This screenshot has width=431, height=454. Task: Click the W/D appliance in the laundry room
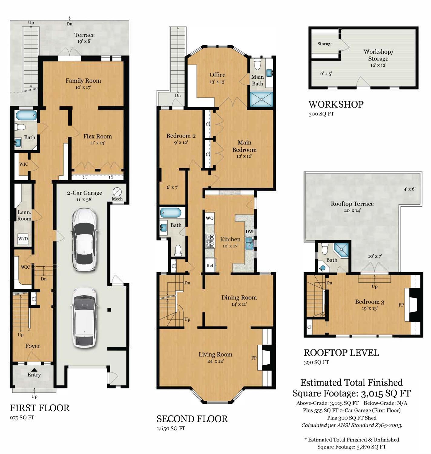point(23,239)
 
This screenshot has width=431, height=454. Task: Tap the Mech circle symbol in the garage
point(117,192)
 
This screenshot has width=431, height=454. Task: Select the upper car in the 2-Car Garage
point(84,239)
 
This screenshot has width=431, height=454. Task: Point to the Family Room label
point(83,81)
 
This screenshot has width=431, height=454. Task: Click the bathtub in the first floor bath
point(26,115)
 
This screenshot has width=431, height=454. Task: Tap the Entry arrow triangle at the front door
point(34,369)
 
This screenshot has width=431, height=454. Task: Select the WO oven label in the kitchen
point(209,218)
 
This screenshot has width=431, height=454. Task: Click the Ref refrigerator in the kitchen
point(210,265)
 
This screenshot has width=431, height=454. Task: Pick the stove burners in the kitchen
point(210,241)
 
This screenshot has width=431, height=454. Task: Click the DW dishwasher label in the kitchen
point(249,232)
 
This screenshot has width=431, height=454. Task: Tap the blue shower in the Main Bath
point(261,99)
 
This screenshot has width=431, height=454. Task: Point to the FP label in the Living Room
point(254,358)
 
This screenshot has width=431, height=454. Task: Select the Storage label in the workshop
point(325,44)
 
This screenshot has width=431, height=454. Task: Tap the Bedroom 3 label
point(370,302)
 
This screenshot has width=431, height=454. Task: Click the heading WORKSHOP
point(336,104)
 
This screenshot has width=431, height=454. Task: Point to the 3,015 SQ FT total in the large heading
point(386,393)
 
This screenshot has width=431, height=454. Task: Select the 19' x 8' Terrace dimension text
point(84,41)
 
